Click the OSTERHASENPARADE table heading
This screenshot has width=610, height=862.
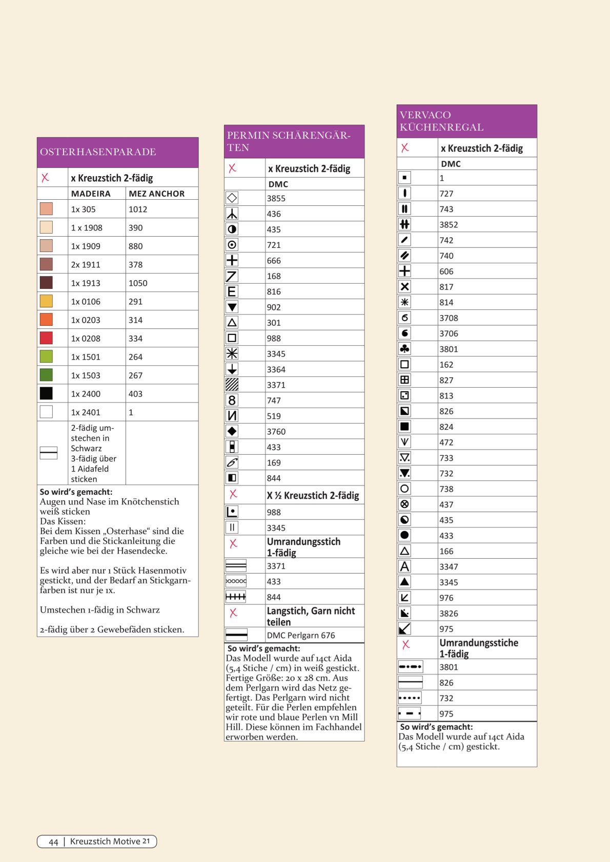[x=98, y=152]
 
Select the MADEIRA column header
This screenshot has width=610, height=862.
[x=91, y=194]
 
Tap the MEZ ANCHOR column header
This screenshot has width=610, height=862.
[x=156, y=194]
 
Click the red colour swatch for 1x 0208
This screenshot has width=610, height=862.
[x=46, y=338]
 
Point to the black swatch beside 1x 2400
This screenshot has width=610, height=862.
[x=46, y=393]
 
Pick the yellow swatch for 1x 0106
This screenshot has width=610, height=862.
[x=46, y=301]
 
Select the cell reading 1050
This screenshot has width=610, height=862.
[x=138, y=283]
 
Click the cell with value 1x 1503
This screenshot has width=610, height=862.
[x=86, y=375]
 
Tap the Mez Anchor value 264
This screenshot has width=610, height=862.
[x=135, y=357]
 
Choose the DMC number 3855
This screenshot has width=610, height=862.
[x=276, y=199]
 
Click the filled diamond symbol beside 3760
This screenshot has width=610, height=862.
[x=232, y=431]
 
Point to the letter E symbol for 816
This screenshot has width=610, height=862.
[x=232, y=291]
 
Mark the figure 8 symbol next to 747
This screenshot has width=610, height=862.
[x=232, y=400]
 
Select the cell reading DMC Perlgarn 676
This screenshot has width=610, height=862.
[x=301, y=636]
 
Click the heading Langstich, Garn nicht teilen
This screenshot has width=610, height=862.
[x=311, y=616]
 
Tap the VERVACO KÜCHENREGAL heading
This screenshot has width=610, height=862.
[x=441, y=121]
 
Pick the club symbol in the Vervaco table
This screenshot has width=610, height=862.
[x=404, y=349]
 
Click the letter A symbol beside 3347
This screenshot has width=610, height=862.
[x=404, y=566]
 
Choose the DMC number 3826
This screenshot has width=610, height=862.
[x=449, y=614]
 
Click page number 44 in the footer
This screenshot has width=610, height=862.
[x=53, y=842]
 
